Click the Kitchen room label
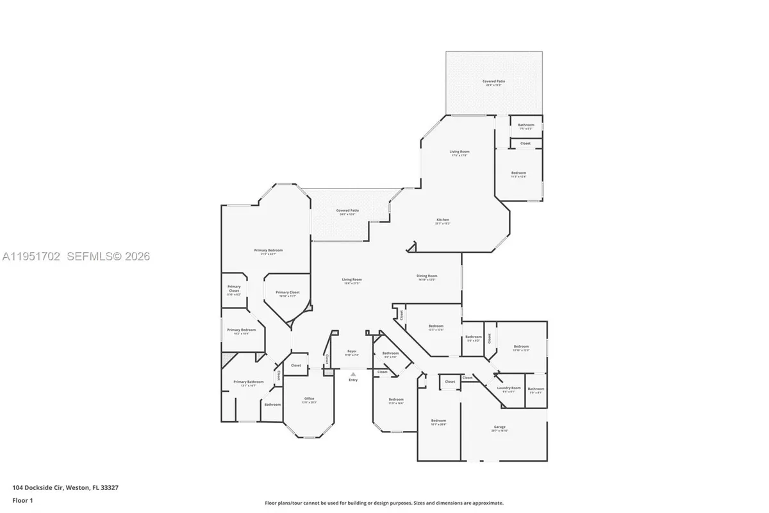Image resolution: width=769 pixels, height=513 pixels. point(443,220)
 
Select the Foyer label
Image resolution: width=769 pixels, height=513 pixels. point(352,351)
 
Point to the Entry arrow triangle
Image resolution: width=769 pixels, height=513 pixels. point(352,374)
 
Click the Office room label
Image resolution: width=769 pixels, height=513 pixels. point(309,399)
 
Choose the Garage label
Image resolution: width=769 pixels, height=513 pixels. point(499,427)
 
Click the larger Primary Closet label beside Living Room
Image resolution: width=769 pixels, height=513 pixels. point(288,292)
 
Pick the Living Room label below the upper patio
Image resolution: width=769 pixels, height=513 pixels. point(459,151)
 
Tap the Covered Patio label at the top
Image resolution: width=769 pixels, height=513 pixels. point(493,81)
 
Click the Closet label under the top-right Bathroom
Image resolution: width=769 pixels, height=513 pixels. point(525,144)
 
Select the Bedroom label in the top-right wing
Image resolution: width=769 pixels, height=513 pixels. point(518,172)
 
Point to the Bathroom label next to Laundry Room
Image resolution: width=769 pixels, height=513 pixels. point(536,389)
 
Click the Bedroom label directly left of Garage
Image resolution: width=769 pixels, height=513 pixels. point(438,421)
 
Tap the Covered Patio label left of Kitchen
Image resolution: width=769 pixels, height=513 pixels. point(347,210)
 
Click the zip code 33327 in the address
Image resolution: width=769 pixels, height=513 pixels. point(109,488)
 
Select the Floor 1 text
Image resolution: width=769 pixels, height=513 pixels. point(22,500)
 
